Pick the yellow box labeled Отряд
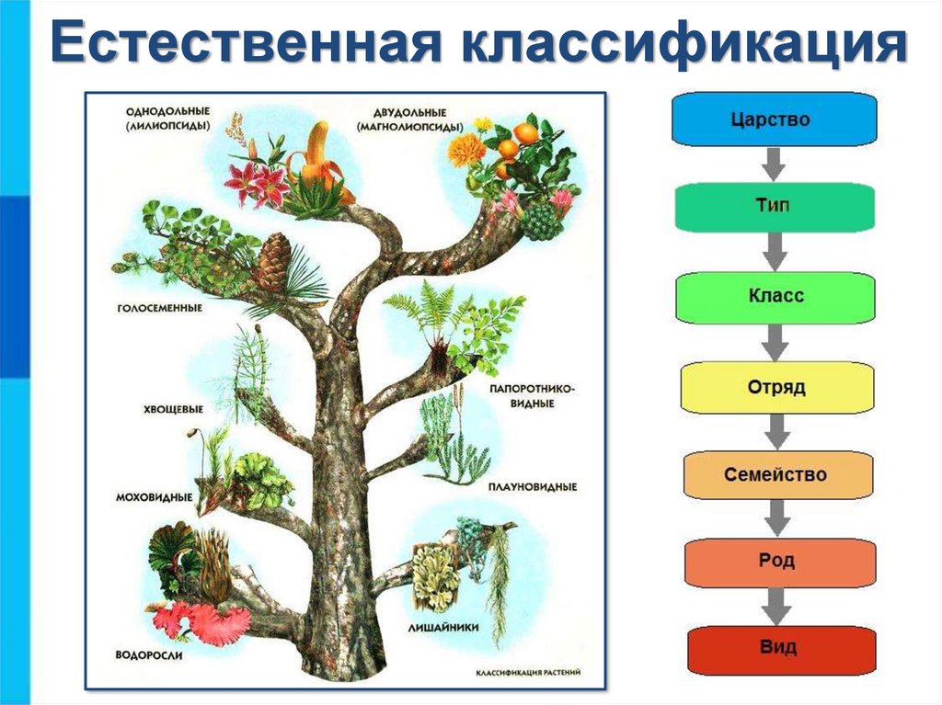pyautogui.click(x=775, y=387)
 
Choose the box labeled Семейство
pyautogui.click(x=775, y=475)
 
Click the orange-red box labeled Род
pyautogui.click(x=777, y=561)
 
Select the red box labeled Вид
pyautogui.click(x=779, y=647)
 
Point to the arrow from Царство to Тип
pyautogui.click(x=772, y=164)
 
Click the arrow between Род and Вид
pyautogui.click(x=778, y=604)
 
